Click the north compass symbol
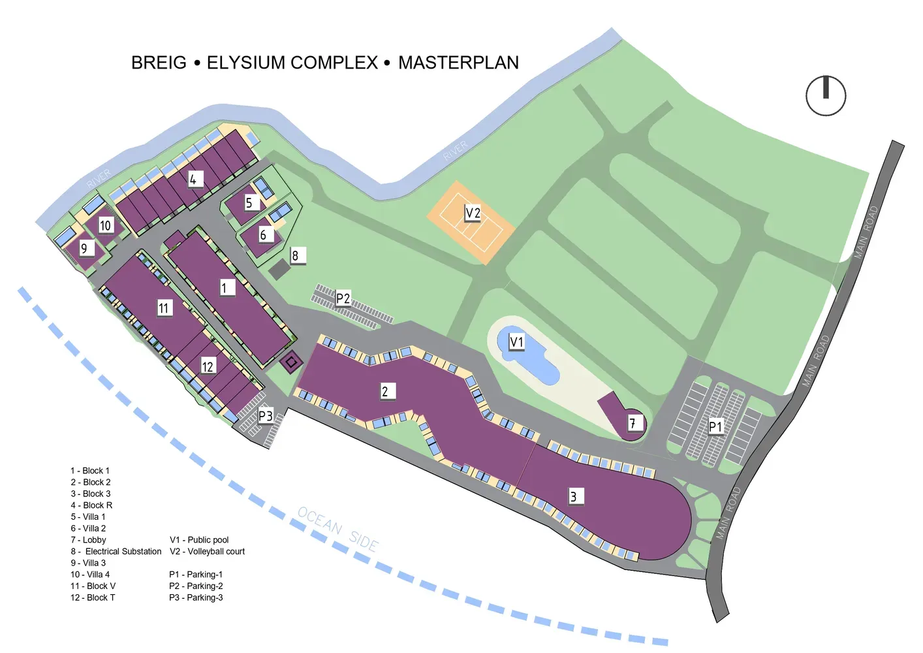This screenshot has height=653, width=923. (x=826, y=96)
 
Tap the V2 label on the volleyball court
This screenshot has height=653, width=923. (x=473, y=213)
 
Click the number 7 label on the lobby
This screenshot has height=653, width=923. (x=633, y=423)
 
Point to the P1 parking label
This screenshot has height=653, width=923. (x=716, y=426)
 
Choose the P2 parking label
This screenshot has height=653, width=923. (x=343, y=299)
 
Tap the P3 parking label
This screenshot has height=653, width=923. (x=266, y=416)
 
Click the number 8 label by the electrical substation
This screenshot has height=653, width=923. (x=296, y=255)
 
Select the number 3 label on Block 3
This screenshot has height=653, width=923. (x=574, y=496)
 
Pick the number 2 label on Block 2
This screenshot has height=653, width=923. (x=385, y=391)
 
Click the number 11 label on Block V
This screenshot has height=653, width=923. (x=164, y=308)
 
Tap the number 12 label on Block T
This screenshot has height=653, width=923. (x=208, y=366)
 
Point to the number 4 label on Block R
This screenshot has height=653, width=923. (x=193, y=179)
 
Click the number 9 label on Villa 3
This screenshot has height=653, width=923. (x=84, y=248)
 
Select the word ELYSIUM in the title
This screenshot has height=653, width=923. (x=292, y=63)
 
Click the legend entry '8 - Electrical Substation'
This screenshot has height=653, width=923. (x=116, y=552)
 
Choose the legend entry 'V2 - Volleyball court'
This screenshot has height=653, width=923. (x=207, y=552)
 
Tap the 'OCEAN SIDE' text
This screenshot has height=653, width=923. (x=337, y=529)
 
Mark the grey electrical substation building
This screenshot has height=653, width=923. (x=279, y=269)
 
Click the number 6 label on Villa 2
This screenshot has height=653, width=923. (x=264, y=234)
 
